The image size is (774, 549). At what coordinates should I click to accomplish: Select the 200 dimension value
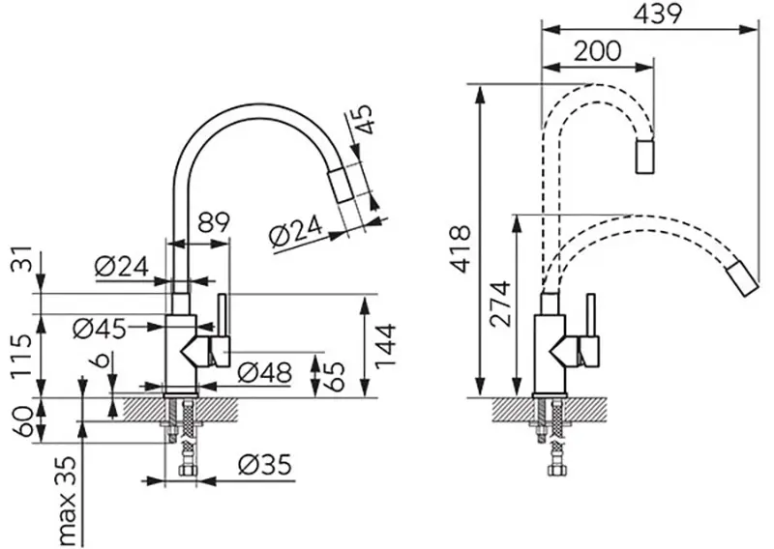point(597,52)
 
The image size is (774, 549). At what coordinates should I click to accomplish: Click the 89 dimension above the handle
point(214,221)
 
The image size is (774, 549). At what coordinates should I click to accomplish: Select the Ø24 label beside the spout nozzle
point(291,235)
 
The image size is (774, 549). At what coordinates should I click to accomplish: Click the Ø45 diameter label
point(100,328)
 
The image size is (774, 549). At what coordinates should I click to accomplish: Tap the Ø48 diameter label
point(263,372)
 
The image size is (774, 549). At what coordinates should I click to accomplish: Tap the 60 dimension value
point(17,421)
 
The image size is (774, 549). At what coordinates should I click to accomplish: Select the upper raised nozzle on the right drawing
point(645,157)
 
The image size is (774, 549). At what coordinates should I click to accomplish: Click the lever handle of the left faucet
point(222,329)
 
